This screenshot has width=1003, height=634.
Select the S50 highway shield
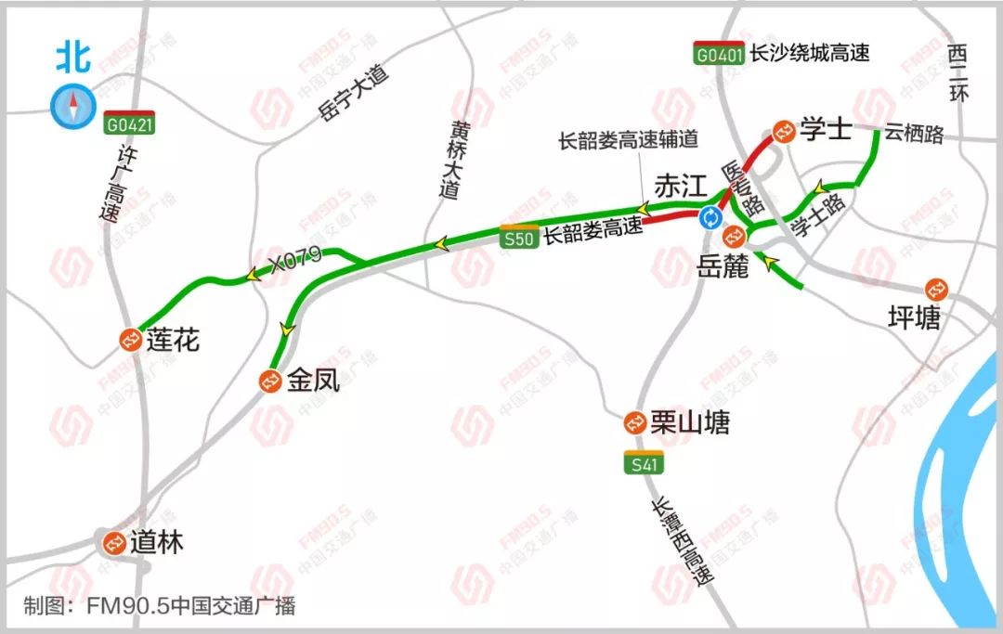tap(518, 238)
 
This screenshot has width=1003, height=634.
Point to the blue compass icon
tap(72, 106)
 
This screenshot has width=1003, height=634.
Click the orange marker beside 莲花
tap(131, 341)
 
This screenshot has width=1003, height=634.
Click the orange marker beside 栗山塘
tap(635, 423)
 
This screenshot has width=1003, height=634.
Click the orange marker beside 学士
tap(784, 131)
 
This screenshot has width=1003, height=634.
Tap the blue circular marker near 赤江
tap(710, 218)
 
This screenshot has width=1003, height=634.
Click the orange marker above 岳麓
tap(731, 238)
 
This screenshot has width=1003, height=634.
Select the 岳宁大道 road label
tap(352, 94)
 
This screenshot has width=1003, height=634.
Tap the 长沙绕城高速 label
tap(810, 54)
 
